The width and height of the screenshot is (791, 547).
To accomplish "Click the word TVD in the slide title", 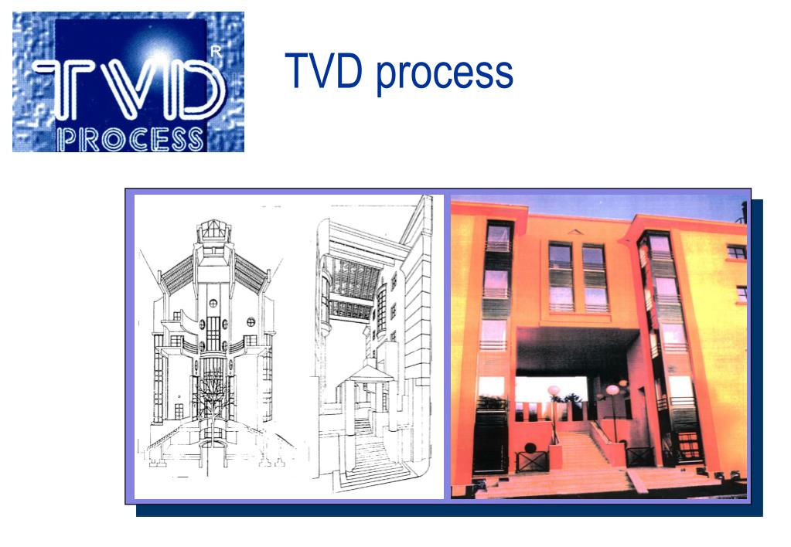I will (323, 72).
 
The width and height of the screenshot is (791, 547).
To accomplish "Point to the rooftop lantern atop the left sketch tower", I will (210, 229).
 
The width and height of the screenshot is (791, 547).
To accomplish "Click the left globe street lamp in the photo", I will (554, 392).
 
